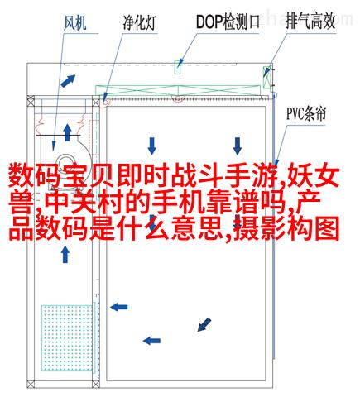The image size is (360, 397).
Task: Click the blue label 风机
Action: tap(74, 22)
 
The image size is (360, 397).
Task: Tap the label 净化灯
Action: tap(140, 22)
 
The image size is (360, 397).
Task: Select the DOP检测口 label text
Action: tap(228, 22)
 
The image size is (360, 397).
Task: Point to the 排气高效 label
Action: tap(310, 22)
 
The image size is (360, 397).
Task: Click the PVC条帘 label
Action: tap(306, 114)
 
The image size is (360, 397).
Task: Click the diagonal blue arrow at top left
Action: tap(68, 81)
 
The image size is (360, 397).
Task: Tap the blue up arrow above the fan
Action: tap(67, 132)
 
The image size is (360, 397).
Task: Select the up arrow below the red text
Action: tap(65, 255)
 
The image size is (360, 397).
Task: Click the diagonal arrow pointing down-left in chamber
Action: tap(204, 324)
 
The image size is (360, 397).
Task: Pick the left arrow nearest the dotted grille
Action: tap(119, 307)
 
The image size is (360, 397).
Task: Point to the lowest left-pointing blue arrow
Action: tap(151, 341)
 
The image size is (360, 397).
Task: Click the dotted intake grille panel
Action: tap(67, 337)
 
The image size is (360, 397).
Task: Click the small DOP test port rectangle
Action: tap(178, 67)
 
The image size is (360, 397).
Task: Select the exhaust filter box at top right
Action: tap(266, 78)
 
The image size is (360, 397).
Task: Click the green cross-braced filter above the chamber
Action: tap(178, 90)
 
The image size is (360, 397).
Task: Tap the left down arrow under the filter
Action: tap(151, 146)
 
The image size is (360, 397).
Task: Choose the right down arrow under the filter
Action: tap(237, 146)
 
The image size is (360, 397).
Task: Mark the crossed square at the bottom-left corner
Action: tap(31, 384)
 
